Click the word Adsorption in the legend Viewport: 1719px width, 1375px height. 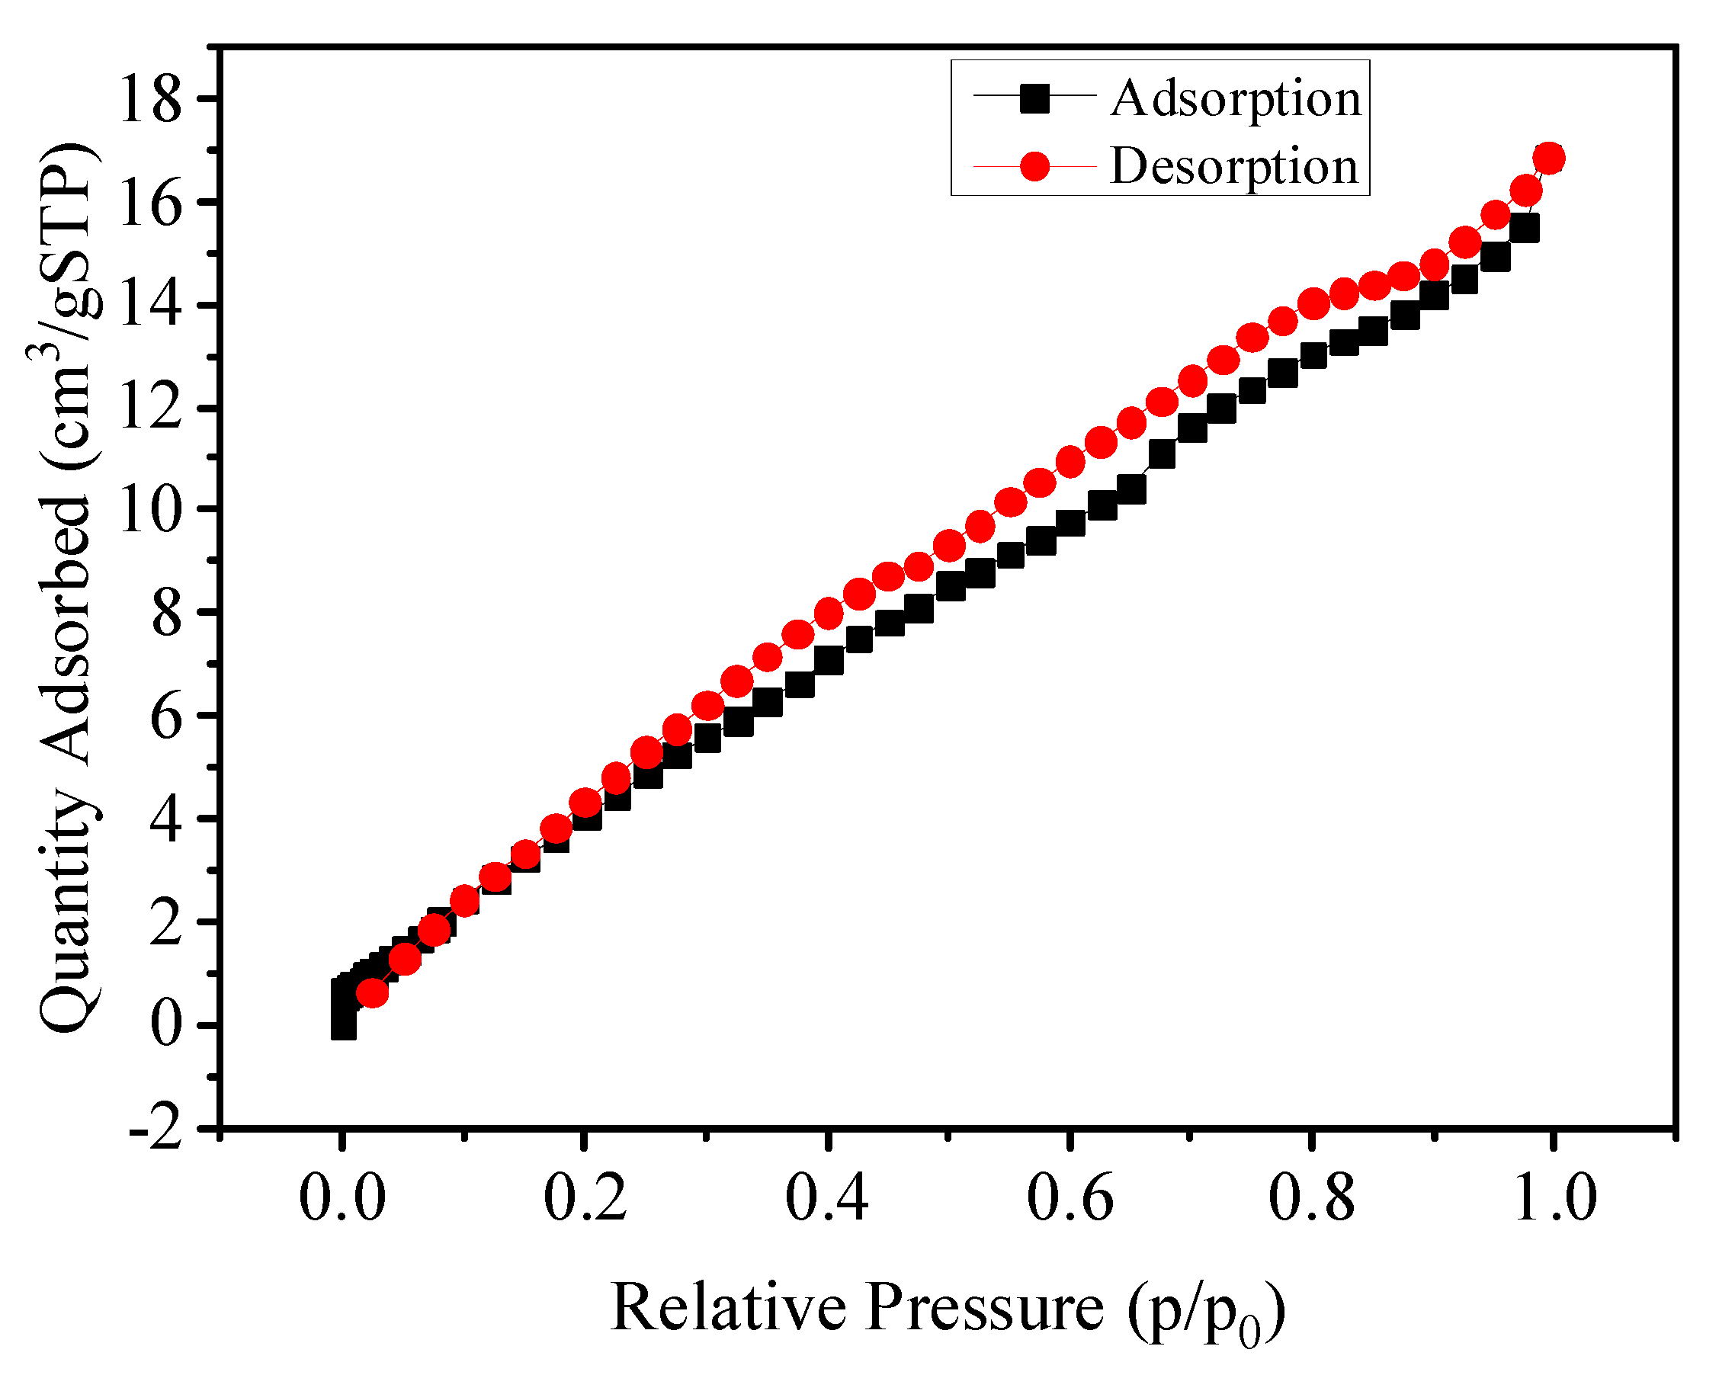click(x=1236, y=99)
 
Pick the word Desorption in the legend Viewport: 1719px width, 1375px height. click(x=1234, y=167)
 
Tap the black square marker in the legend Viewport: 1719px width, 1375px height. click(x=1035, y=99)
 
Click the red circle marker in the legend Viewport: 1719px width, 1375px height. click(x=1035, y=167)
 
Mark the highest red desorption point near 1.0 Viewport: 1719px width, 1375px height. click(x=1549, y=158)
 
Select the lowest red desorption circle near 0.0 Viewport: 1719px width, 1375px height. click(x=372, y=992)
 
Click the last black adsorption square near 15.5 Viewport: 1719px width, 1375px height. click(x=1524, y=229)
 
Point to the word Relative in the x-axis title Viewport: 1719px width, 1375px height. click(x=728, y=1308)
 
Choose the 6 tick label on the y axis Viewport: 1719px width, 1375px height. click(x=166, y=716)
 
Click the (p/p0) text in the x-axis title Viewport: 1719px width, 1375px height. click(x=1206, y=1311)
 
